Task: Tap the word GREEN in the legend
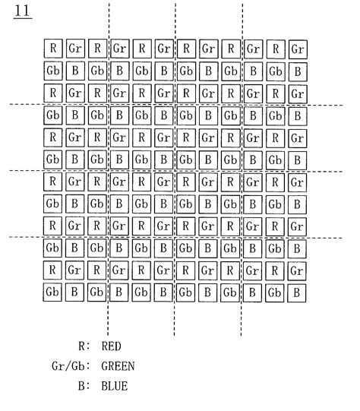pos(118,366)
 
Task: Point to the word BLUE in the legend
pos(114,386)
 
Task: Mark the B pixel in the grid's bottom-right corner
pos(300,292)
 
